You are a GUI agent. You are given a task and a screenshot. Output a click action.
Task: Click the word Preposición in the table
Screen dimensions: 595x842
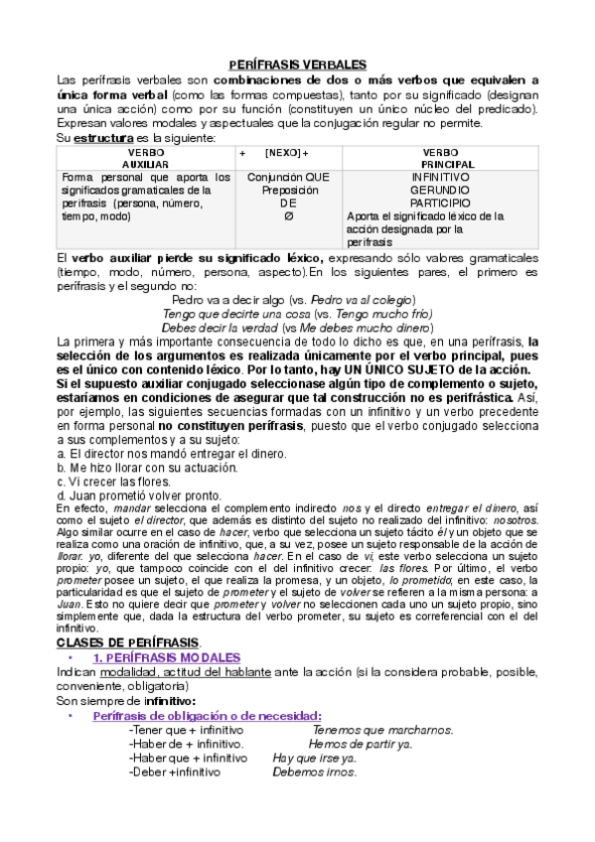[x=289, y=189]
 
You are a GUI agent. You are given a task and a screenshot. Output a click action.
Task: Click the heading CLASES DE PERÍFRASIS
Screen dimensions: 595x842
[x=128, y=642]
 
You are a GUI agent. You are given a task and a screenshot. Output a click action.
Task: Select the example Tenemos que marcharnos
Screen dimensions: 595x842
[x=382, y=730]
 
